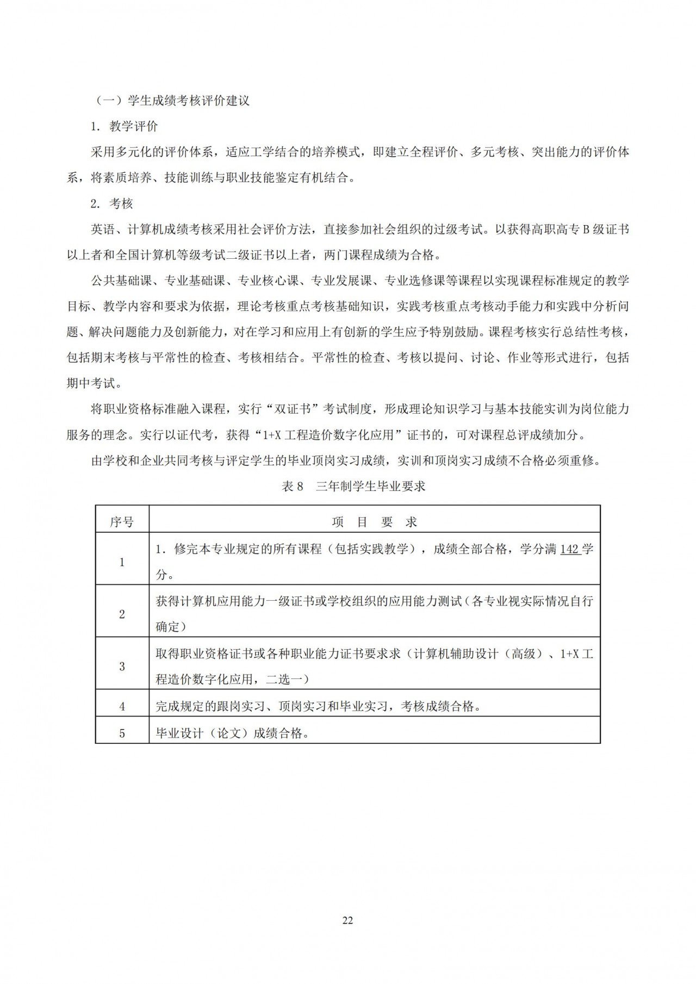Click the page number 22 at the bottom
pyautogui.click(x=348, y=920)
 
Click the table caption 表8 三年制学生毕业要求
pyautogui.click(x=353, y=487)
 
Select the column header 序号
pyautogui.click(x=122, y=522)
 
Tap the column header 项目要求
pyautogui.click(x=374, y=522)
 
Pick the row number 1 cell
pyautogui.click(x=122, y=562)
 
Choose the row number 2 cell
pyautogui.click(x=122, y=614)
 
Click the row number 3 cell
pyautogui.click(x=122, y=667)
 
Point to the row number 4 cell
pyautogui.click(x=122, y=707)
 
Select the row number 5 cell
pyautogui.click(x=122, y=733)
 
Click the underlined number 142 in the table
pyautogui.click(x=569, y=549)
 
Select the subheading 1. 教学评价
pyautogui.click(x=125, y=127)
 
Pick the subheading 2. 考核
pyautogui.click(x=112, y=204)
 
